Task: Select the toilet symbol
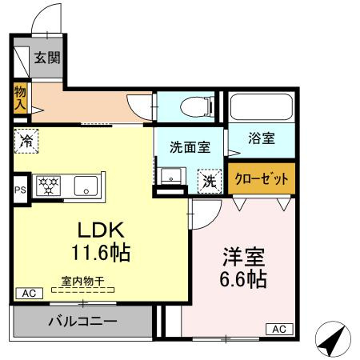tap(192, 106)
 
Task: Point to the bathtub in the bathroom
tap(261, 107)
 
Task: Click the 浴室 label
tap(262, 138)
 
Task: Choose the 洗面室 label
tap(190, 147)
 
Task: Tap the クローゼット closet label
tap(261, 178)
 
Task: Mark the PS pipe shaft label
tap(20, 190)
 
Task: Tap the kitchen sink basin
tap(85, 186)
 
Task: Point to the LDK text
tap(101, 230)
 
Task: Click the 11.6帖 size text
tap(100, 253)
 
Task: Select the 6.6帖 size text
tap(244, 281)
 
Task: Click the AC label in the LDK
tap(29, 294)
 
